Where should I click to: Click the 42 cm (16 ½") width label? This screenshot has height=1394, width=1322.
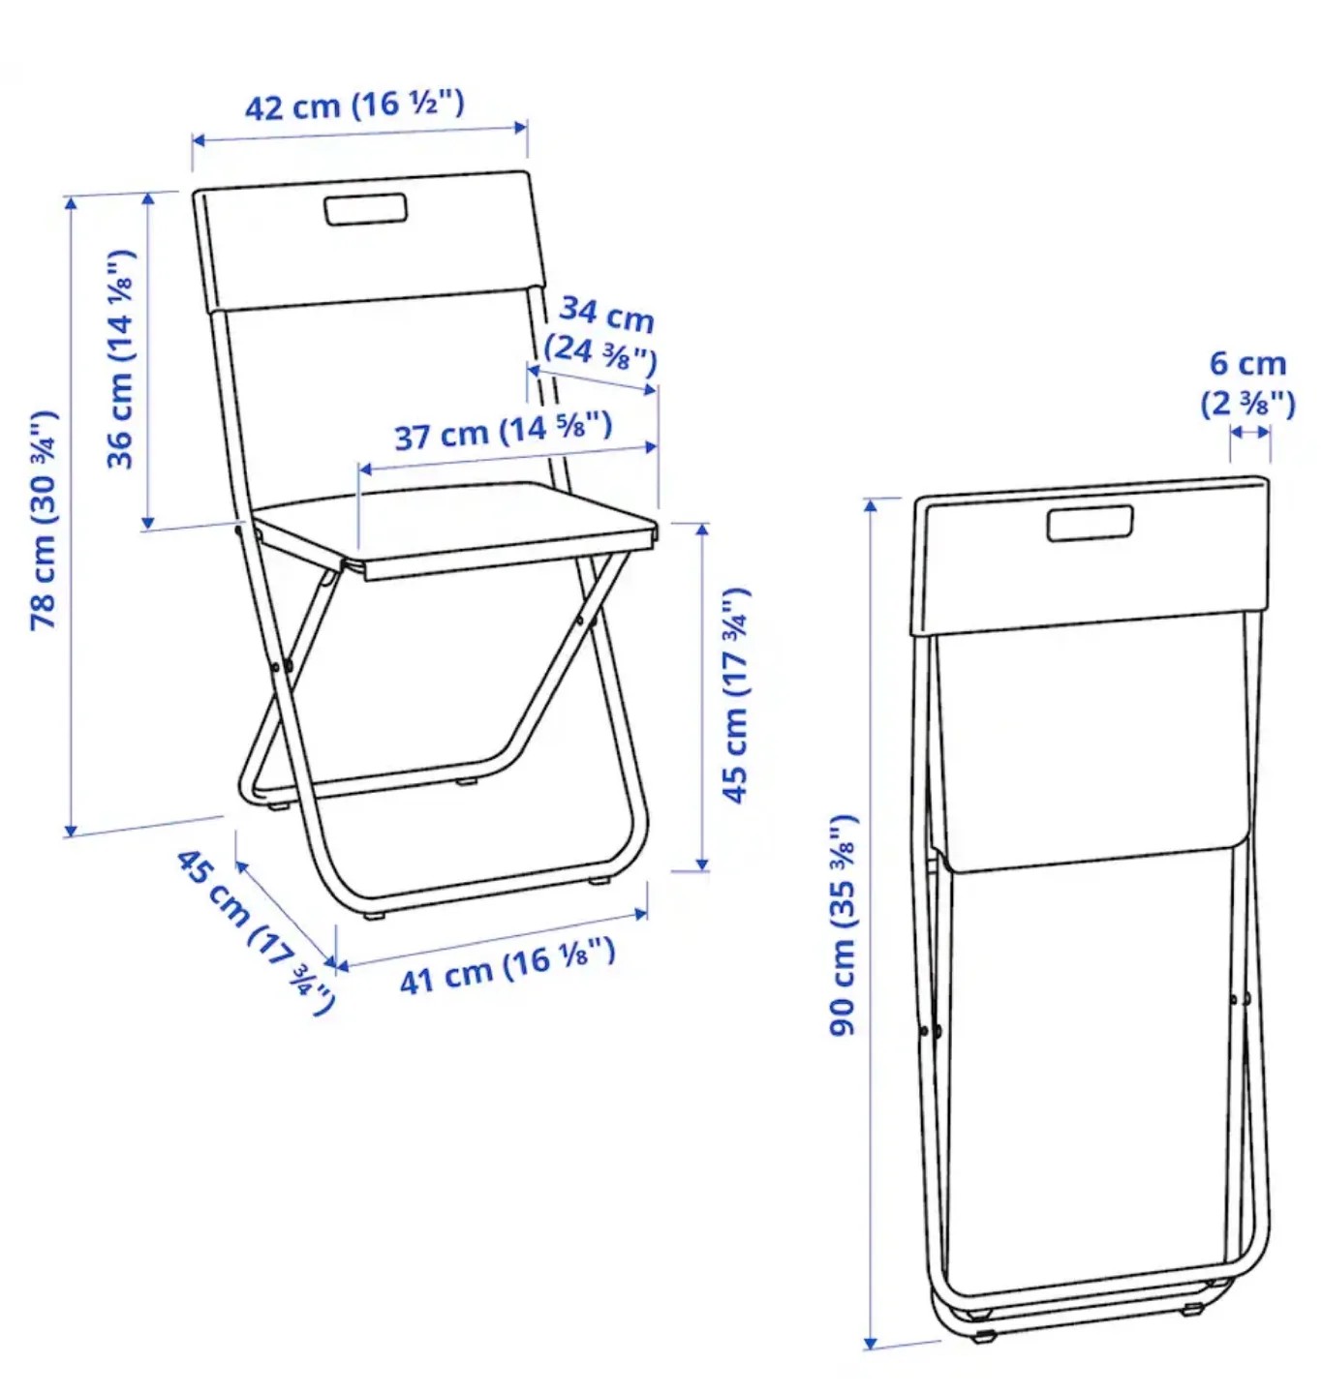coord(354,105)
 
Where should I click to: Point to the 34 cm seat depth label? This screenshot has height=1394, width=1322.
coord(607,314)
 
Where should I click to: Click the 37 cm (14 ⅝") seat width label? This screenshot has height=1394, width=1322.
coord(504,431)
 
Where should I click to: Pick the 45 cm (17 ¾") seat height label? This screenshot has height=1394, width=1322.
coord(736,694)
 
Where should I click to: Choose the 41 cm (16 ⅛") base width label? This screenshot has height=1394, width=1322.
coord(507,966)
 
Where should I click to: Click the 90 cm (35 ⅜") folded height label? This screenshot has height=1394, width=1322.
coord(844,925)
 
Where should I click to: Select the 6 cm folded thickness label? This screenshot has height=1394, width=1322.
coord(1247,364)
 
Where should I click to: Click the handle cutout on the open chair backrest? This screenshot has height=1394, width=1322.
coord(365,210)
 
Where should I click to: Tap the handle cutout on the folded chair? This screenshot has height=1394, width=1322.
coord(1091,523)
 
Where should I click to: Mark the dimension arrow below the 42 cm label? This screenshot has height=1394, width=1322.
coord(359,134)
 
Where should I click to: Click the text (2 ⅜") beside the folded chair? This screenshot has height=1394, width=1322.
coord(1247,402)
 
